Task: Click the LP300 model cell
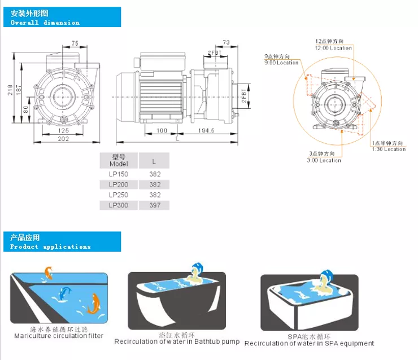pos(119,205)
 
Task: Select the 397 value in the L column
pos(155,205)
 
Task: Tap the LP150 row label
pos(119,174)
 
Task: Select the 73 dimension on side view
pos(225,42)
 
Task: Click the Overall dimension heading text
pos(45,23)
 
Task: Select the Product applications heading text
pos(50,247)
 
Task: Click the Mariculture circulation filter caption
pos(59,336)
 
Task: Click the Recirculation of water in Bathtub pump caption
pos(177,341)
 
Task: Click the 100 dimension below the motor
pos(161,130)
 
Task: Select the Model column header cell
pos(119,160)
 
